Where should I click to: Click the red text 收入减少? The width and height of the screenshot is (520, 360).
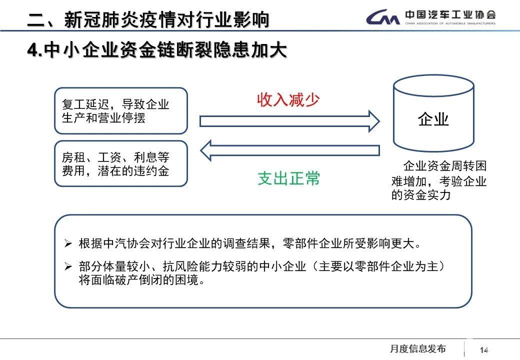click(x=288, y=99)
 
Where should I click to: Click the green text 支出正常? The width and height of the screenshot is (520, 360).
click(x=288, y=178)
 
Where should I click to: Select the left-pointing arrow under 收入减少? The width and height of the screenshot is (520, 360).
click(x=290, y=150)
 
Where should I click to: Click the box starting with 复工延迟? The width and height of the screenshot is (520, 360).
click(x=120, y=111)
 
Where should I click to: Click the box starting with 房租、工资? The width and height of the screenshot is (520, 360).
click(x=120, y=164)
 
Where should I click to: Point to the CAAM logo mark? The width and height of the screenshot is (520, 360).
click(x=383, y=18)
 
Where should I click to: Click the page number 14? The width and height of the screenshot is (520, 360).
click(x=483, y=350)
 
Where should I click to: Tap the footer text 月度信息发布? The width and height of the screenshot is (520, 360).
click(x=417, y=349)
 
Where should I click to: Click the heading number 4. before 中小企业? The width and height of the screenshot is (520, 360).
click(x=34, y=50)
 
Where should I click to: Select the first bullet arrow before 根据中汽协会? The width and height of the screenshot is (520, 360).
click(x=68, y=244)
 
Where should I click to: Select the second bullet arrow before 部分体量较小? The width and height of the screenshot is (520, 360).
click(x=68, y=267)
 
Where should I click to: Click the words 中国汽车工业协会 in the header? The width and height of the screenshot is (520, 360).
click(x=450, y=14)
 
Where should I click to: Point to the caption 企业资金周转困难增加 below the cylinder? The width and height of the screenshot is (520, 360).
click(x=439, y=180)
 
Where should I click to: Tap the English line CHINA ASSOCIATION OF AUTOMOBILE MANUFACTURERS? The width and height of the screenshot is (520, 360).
click(x=450, y=23)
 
